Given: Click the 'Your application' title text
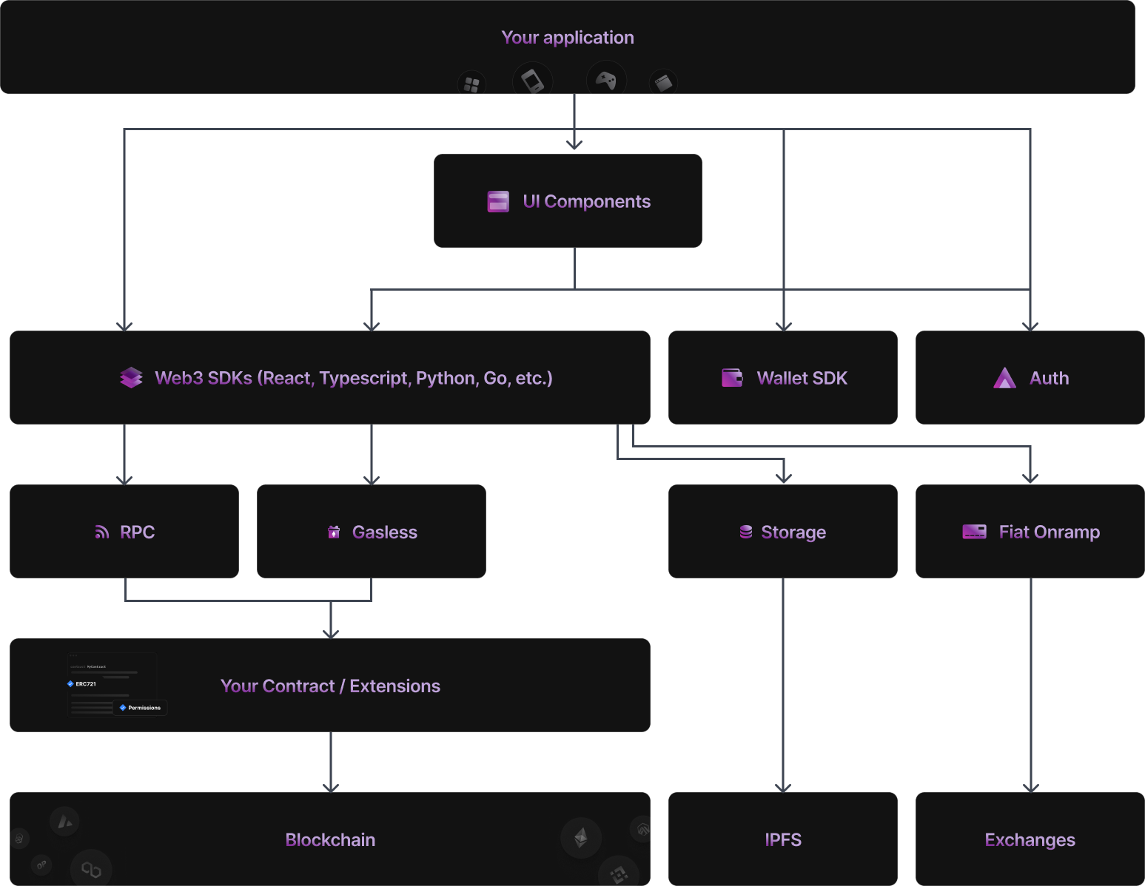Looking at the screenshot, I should click(567, 38).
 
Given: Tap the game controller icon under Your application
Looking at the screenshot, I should click(606, 81).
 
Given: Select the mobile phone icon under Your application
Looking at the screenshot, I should click(532, 80).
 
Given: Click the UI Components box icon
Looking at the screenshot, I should click(498, 202).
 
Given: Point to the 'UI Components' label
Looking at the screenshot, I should click(586, 202).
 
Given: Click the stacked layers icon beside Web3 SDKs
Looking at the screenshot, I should click(131, 378).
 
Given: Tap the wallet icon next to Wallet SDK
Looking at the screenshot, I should click(732, 378).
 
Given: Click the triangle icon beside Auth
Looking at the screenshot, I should click(1004, 378).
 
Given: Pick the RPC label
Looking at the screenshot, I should click(137, 532).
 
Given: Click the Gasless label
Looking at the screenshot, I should click(384, 532).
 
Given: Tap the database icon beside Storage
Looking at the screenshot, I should click(746, 532).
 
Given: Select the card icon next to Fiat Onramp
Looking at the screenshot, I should click(974, 532).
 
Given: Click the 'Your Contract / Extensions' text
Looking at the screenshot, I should click(330, 686).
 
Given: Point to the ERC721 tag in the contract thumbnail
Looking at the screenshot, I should click(83, 684).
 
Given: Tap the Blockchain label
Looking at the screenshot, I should click(330, 840).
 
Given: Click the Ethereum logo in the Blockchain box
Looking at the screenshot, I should click(581, 837).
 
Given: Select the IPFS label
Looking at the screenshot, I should click(783, 840).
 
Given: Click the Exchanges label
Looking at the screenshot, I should click(1030, 840).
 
